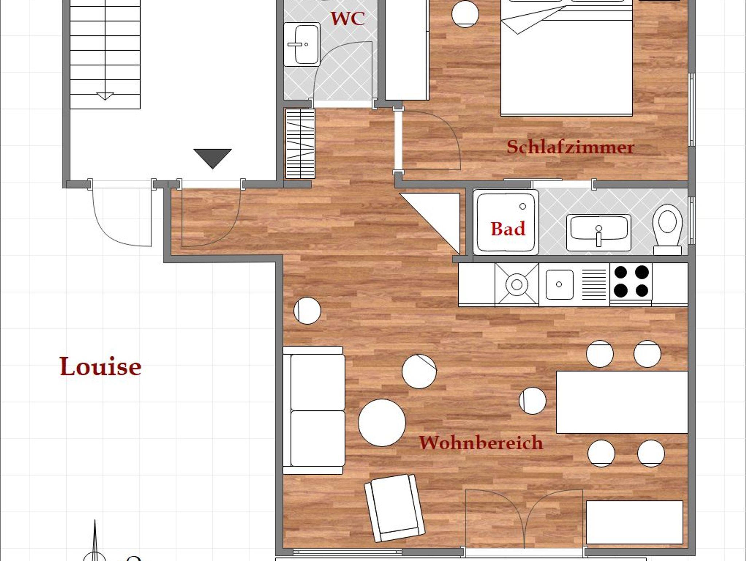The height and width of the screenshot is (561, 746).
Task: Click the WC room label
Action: pyautogui.click(x=348, y=19)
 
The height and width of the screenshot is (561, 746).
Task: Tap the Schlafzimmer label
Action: pyautogui.click(x=570, y=147)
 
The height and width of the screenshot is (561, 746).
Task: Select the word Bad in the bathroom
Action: pyautogui.click(x=508, y=229)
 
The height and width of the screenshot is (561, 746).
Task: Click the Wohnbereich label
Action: pyautogui.click(x=481, y=442)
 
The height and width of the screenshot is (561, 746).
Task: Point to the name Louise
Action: pyautogui.click(x=101, y=366)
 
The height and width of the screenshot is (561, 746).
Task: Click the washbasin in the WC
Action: pyautogui.click(x=302, y=45)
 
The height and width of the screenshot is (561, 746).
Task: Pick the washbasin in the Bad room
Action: pyautogui.click(x=598, y=233)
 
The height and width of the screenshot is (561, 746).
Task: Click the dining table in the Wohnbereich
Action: pyautogui.click(x=622, y=402)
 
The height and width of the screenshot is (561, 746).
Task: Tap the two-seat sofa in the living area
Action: pyautogui.click(x=314, y=410)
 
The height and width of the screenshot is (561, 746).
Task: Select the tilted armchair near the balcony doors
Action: pyautogui.click(x=394, y=508)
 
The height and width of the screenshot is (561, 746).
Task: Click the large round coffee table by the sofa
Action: pyautogui.click(x=382, y=423)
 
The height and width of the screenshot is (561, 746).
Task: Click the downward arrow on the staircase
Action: pyautogui.click(x=105, y=96)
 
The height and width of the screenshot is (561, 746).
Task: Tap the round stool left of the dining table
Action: pyautogui.click(x=533, y=401)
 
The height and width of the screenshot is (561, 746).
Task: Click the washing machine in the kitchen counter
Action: pyautogui.click(x=517, y=284)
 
